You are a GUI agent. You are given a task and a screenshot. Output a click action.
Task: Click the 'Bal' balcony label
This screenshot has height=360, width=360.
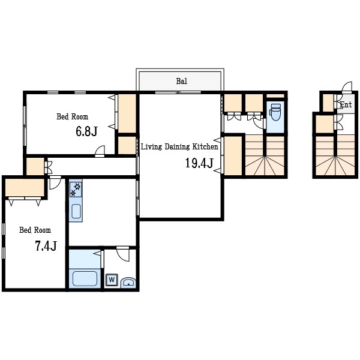tap(181, 81)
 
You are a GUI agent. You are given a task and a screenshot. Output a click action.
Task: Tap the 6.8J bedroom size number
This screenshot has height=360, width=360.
tap(86, 131)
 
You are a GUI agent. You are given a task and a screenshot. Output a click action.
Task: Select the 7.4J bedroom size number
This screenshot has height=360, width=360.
tap(46, 246)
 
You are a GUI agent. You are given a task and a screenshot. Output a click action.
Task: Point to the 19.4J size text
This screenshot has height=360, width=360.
tap(199, 163)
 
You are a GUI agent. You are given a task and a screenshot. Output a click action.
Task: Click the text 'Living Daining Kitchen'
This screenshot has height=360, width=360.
tap(179, 147)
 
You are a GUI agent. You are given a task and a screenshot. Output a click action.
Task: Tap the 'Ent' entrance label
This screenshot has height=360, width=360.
tap(346, 104)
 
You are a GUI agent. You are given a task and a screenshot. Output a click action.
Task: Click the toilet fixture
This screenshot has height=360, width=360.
tap(275, 112)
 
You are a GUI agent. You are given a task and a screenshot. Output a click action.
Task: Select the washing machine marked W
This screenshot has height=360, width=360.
tap(112, 280)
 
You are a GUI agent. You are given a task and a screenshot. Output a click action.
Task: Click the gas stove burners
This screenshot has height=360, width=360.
tap(76, 190)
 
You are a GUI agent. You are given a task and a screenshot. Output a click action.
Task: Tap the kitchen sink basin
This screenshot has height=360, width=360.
tap(76, 211)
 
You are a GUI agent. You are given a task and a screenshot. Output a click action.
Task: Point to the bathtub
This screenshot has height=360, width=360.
tap(85, 278)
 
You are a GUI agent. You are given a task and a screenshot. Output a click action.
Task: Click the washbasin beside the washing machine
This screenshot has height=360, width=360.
tap(128, 283)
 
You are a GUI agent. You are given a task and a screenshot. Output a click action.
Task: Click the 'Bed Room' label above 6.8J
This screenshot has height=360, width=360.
tap(73, 116)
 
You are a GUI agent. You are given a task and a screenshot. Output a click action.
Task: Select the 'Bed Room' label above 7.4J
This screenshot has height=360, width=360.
tap(35, 230)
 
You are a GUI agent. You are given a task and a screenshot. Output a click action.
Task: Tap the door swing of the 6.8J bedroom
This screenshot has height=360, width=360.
tap(100, 151)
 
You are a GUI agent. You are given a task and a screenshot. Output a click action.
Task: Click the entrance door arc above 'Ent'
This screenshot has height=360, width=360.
tap(347, 87)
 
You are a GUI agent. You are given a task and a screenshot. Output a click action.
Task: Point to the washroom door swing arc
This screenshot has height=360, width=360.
tap(123, 254)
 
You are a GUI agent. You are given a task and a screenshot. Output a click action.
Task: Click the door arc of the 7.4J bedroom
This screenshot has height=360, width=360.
tap(55, 183)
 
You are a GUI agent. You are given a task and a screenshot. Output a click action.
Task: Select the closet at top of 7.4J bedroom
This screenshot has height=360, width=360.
tap(25, 188)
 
